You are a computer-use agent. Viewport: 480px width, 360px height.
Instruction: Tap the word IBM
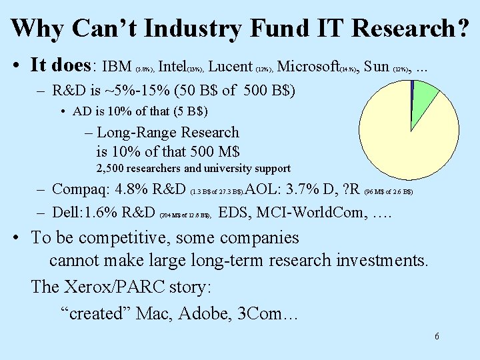(117, 66)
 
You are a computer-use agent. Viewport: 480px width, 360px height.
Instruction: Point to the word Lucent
(231, 66)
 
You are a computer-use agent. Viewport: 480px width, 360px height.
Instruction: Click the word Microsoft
(308, 66)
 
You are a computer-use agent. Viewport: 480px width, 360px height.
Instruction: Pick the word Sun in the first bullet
(377, 66)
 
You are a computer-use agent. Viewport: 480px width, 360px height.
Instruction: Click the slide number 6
(437, 336)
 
